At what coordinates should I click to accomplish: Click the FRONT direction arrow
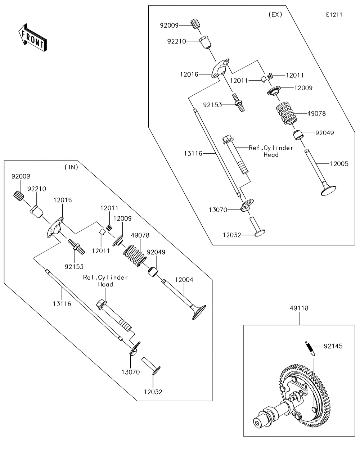pos(32,37)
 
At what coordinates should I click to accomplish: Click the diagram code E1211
pos(334,15)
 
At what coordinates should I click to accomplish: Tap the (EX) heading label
pos(275,14)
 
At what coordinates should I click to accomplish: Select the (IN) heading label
pos(71,167)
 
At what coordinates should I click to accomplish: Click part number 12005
pos(339,164)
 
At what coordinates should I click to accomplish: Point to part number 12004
pos(184,279)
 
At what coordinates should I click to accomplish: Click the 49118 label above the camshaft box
pos(299,308)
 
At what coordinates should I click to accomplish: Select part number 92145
pos(333,346)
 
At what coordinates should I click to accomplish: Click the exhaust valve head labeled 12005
pos(328,189)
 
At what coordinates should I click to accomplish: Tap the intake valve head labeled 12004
pos(198,311)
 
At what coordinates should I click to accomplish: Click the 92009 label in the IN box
pos(21,177)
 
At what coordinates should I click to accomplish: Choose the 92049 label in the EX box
pos(324,133)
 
